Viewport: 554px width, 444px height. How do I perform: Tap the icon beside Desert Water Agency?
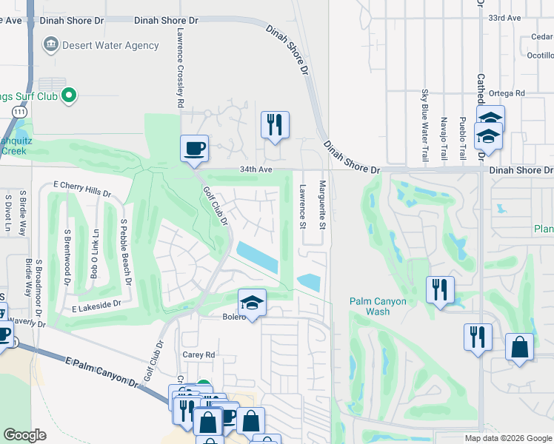tap(50, 45)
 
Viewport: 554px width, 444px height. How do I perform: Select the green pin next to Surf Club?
tap(69, 94)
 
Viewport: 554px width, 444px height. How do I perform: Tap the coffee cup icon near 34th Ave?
tap(194, 148)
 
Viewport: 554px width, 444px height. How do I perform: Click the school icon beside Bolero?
tap(252, 303)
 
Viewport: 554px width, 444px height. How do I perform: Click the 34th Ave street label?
tap(256, 169)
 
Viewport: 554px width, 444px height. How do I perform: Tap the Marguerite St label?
tap(322, 201)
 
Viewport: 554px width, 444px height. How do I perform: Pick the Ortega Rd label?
tap(509, 93)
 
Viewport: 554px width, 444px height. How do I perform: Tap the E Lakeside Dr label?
tap(96, 304)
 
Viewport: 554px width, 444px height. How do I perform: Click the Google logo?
tap(25, 435)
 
